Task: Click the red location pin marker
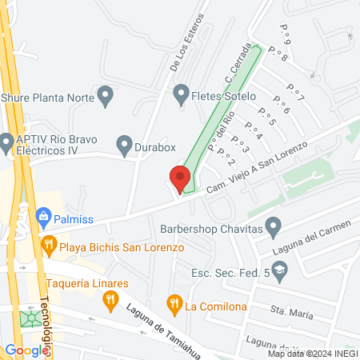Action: (179, 178)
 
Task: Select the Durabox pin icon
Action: (124, 146)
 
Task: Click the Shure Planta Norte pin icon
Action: (105, 98)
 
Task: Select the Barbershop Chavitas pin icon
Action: (274, 228)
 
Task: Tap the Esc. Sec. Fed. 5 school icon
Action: (279, 274)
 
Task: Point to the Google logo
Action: (27, 350)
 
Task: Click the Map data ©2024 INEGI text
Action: (311, 354)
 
